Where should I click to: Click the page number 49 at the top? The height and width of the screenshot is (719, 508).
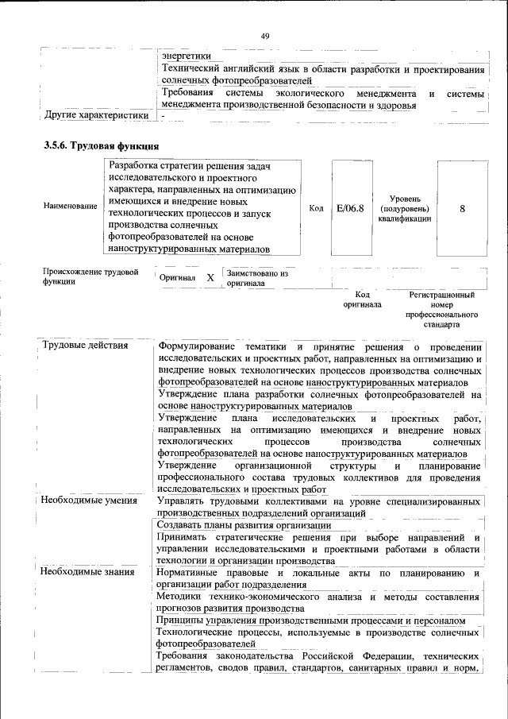(x=264, y=36)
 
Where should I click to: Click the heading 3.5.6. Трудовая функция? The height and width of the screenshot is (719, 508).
(x=102, y=146)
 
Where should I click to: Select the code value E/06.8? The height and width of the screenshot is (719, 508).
(x=350, y=208)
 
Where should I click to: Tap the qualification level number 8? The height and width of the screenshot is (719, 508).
(x=462, y=208)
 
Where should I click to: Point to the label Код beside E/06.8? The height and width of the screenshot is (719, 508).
(x=316, y=208)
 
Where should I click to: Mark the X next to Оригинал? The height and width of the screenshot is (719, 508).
(x=210, y=279)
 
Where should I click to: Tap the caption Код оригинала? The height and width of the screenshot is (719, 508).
(x=362, y=300)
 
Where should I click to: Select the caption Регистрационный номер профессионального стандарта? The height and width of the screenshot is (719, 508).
(x=442, y=310)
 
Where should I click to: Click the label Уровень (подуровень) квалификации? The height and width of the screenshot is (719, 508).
(x=410, y=208)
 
